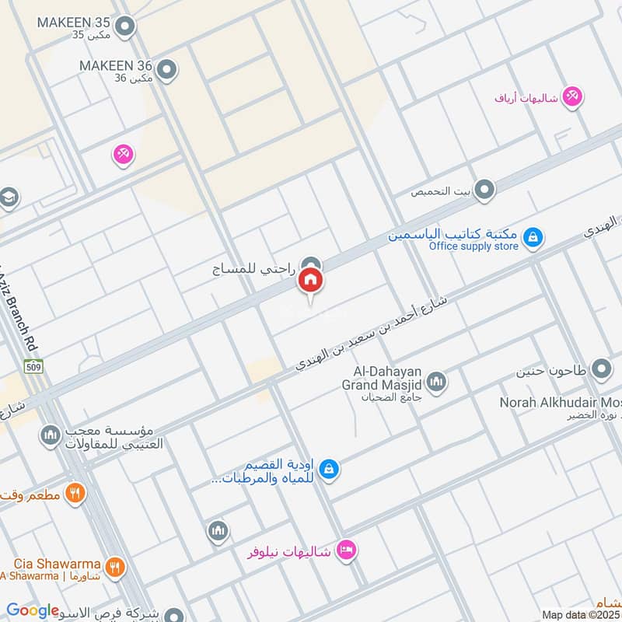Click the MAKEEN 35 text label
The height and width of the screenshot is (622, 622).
click(74, 21)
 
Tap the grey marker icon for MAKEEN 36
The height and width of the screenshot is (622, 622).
click(165, 71)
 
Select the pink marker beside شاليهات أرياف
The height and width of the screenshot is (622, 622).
click(574, 97)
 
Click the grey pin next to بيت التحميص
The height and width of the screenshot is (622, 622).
click(484, 190)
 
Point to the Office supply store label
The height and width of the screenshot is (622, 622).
click(473, 246)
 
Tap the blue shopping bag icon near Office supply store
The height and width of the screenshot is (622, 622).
click(533, 236)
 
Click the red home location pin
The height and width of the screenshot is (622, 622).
click(310, 282)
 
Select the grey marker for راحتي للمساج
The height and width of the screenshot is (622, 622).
click(310, 265)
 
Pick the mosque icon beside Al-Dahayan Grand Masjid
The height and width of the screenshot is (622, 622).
click(437, 382)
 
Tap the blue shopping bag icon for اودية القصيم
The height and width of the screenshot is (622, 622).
click(329, 469)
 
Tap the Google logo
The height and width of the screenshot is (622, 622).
click(33, 610)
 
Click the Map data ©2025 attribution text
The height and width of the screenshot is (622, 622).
click(581, 614)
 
